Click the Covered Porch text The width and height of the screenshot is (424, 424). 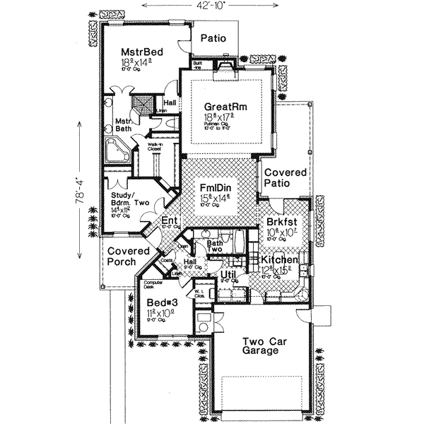coord(129,257)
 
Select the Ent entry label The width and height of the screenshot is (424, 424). coord(169,222)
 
